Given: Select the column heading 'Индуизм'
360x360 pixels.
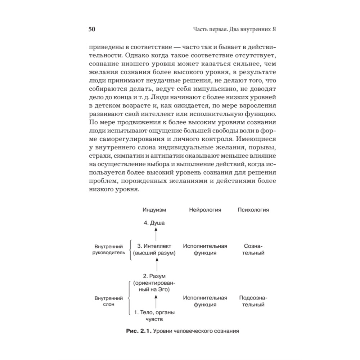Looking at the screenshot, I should point(154,210).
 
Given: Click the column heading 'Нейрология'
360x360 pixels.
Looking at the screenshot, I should point(205,210).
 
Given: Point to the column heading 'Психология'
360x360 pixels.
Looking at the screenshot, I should point(253,210).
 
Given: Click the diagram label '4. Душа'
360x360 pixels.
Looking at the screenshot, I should point(154,223).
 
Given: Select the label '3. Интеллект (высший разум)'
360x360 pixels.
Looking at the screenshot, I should point(154,249).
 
